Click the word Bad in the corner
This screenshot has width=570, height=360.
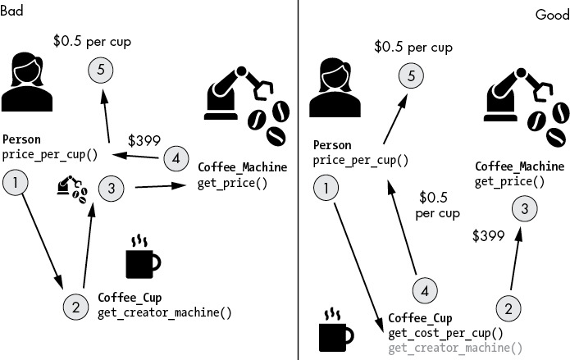point(11,10)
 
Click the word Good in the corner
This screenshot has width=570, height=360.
point(553,15)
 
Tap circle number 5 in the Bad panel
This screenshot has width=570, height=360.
point(101,70)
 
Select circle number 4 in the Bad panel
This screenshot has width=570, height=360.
point(176,158)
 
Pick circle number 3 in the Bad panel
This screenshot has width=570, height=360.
point(112,189)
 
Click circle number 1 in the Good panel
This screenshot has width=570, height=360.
point(326,188)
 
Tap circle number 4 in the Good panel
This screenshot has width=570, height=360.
point(425,291)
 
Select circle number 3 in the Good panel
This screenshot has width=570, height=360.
point(525,209)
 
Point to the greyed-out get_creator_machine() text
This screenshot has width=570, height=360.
point(455,348)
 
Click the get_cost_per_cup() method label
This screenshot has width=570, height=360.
point(445,333)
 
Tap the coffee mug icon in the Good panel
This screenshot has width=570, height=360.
point(336,330)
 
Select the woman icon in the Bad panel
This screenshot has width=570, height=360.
point(27,81)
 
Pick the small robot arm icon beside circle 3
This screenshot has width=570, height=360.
point(72,189)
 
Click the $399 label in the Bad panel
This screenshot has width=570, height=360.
point(144,140)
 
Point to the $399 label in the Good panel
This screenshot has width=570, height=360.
point(488,235)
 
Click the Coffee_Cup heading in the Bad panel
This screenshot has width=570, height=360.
point(130,298)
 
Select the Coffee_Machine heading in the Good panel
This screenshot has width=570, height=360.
point(520,166)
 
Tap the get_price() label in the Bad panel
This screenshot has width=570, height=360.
point(233,183)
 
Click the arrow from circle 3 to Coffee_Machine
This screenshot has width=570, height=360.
point(161,186)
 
